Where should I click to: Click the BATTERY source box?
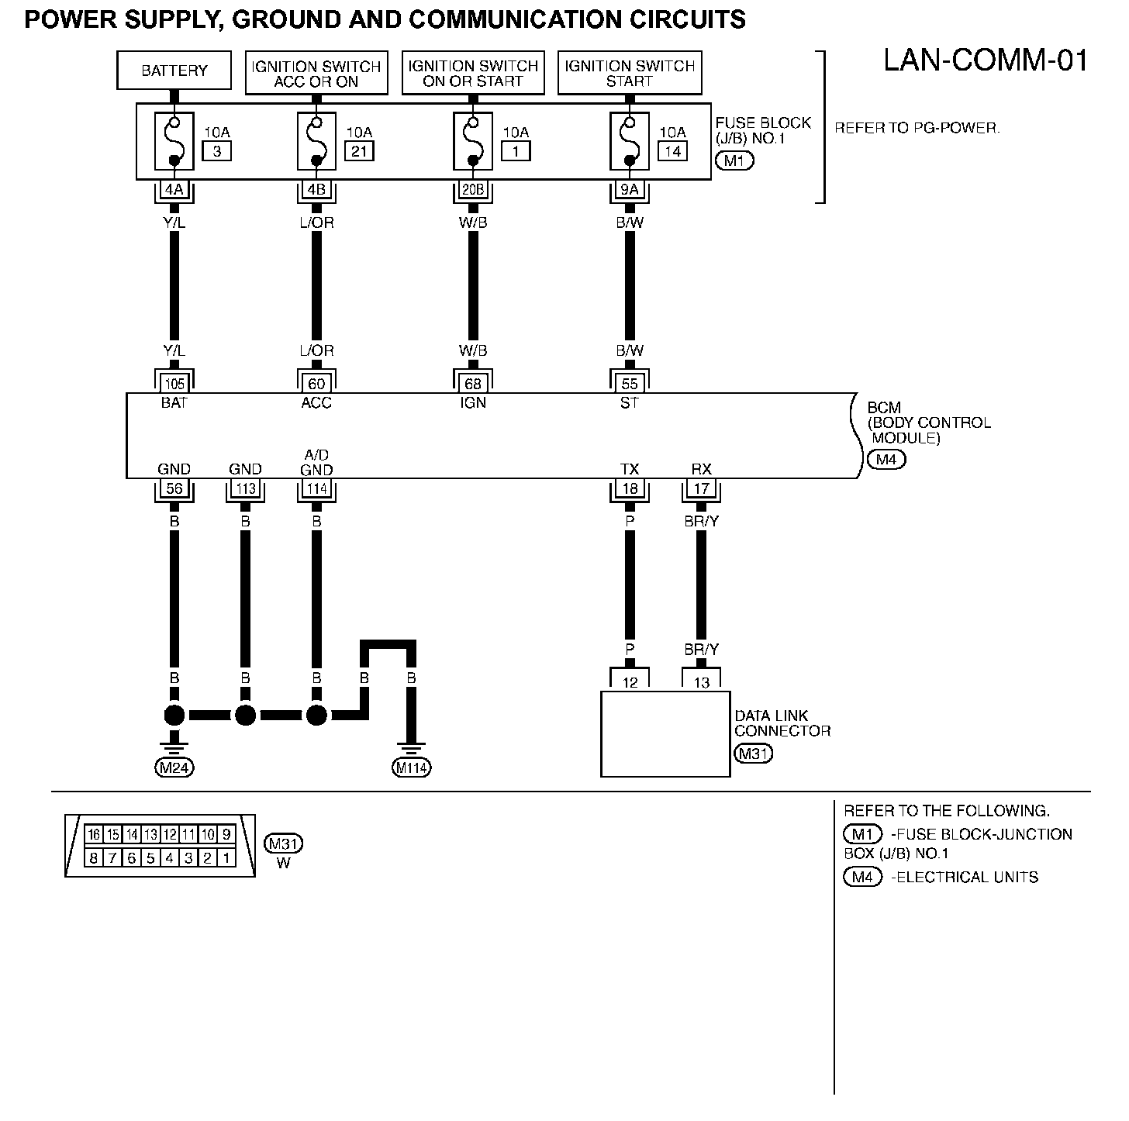tap(174, 71)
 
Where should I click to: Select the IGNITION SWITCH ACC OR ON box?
tap(316, 73)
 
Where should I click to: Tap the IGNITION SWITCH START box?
tap(630, 73)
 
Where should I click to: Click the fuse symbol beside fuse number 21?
tap(316, 140)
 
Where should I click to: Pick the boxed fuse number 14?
tap(672, 151)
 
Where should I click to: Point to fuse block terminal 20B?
tap(473, 189)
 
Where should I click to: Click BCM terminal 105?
tap(174, 384)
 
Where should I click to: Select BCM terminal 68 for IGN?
tap(473, 384)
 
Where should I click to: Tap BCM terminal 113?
tap(246, 488)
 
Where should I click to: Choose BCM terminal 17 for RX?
tap(701, 488)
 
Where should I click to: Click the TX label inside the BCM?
tap(630, 469)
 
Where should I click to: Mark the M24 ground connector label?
tap(174, 767)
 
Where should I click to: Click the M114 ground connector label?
tap(411, 767)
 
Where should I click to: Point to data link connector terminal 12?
tap(630, 682)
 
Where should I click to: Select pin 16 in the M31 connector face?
tap(94, 834)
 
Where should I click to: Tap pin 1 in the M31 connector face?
tap(226, 858)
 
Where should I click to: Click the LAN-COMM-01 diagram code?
tap(986, 60)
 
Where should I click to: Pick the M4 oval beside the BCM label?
tap(886, 460)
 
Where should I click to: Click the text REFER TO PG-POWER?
tap(917, 128)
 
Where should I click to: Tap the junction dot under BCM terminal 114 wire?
tap(316, 715)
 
